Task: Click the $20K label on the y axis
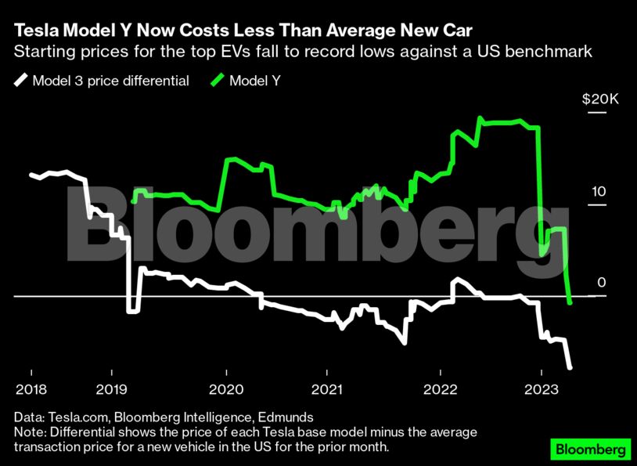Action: (600, 100)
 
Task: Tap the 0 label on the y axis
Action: (602, 282)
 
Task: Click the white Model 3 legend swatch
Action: (20, 81)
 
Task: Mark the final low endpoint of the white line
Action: (570, 367)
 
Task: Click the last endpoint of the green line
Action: (570, 302)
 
